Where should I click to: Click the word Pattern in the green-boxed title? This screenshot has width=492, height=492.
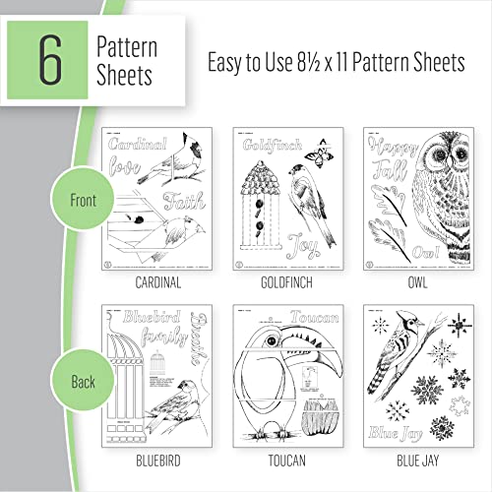(x=127, y=45)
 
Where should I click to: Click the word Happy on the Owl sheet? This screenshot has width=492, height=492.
(x=389, y=148)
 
